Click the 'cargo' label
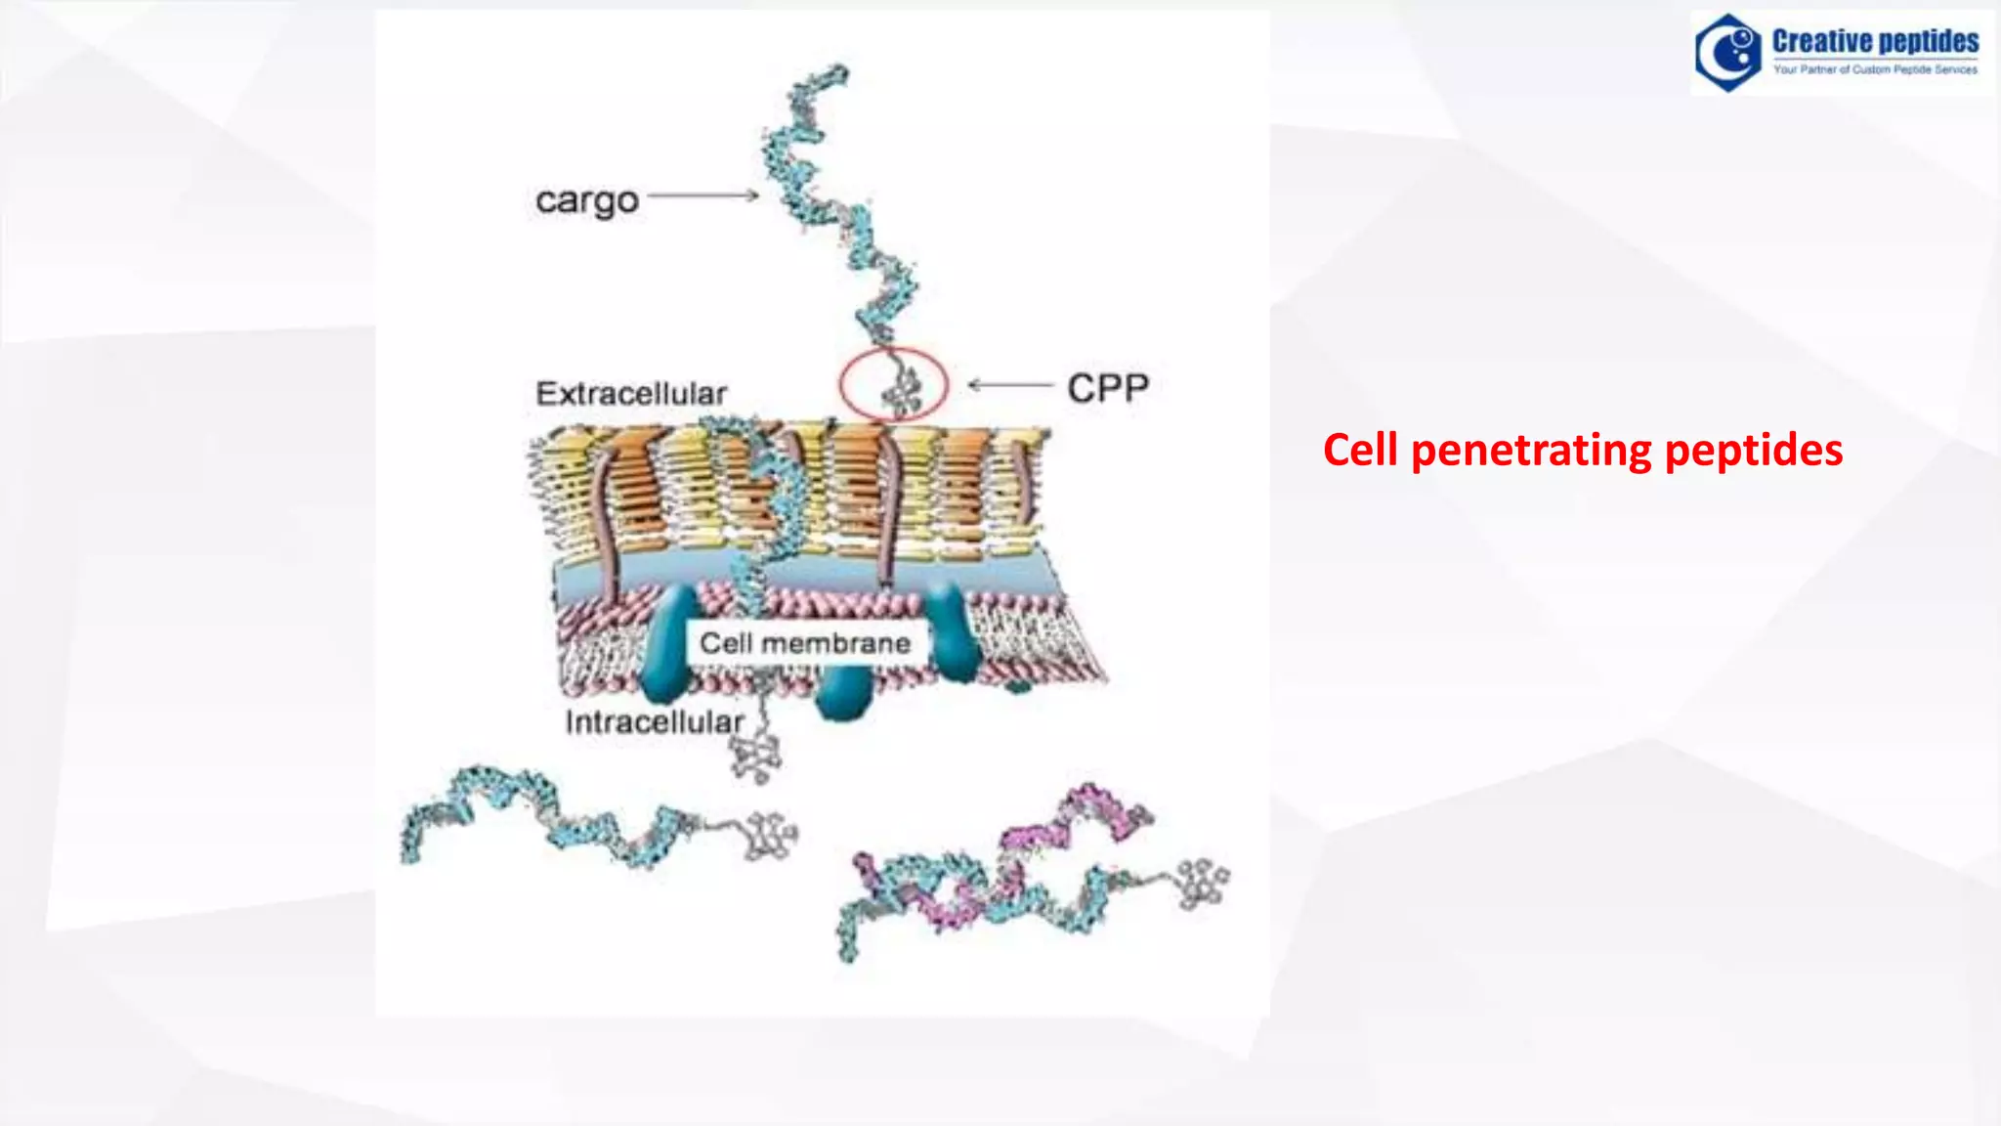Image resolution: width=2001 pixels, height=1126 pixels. pos(586,200)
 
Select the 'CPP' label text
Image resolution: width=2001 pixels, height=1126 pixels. pos(1108,388)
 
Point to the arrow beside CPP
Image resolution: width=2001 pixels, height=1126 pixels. pos(1010,385)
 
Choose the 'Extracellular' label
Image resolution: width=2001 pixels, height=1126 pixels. pos(631,393)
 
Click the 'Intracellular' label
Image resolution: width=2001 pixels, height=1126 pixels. pos(654,722)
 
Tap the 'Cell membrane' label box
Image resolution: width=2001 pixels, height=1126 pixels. pos(805,643)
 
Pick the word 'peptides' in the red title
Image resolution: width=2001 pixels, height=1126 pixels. pos(1753,451)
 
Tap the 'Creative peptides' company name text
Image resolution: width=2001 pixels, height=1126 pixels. pos(1875,41)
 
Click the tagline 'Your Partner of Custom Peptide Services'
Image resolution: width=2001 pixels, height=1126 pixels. pos(1875,70)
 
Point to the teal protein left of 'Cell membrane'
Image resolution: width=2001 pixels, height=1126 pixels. pos(668,645)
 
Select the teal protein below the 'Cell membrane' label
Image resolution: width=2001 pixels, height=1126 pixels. pos(842,696)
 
